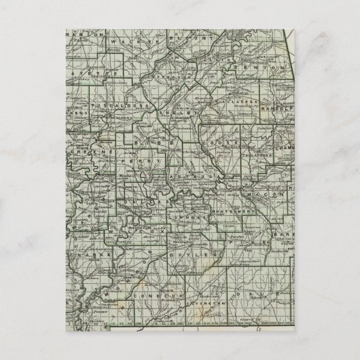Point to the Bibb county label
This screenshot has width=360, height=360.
[x=151, y=143]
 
